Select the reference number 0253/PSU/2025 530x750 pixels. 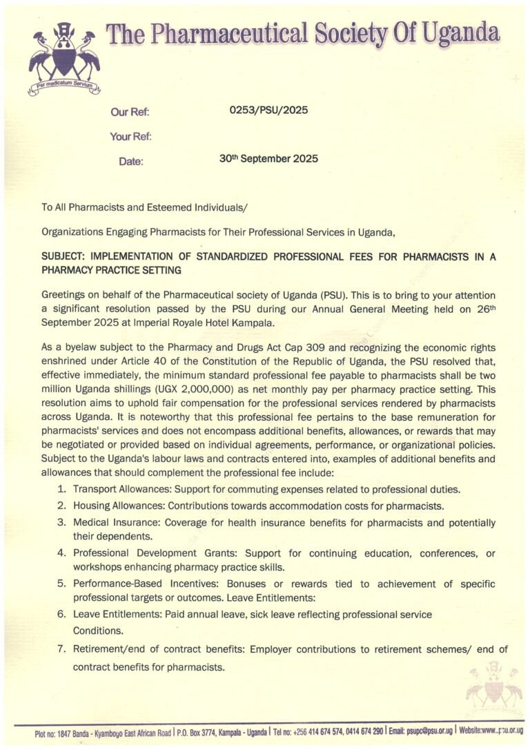[268, 110]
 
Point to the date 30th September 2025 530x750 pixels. [268, 158]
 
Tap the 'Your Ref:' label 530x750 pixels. [130, 137]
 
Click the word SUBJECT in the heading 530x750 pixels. [64, 256]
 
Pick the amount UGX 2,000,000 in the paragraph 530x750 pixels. [171, 389]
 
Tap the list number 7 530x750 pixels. [61, 649]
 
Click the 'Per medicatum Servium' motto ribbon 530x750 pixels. [64, 88]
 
